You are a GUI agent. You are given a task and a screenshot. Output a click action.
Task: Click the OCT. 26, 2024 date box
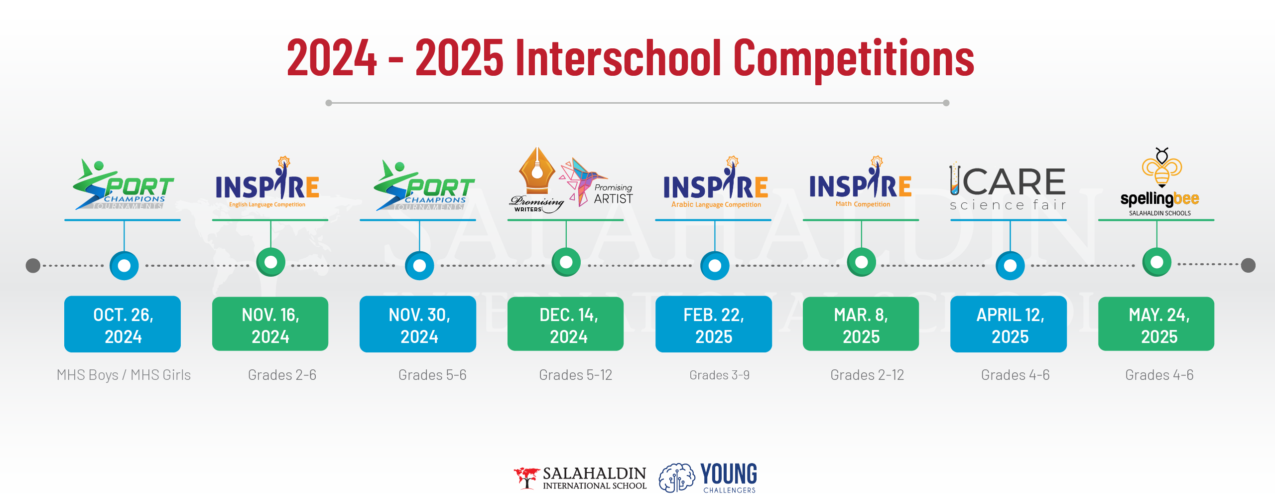coord(123,325)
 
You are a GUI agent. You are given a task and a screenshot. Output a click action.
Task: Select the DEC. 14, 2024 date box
coord(565,324)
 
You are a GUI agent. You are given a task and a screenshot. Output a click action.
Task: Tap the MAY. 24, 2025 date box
coord(1156,324)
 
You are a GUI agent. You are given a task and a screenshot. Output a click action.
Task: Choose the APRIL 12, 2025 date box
coord(1009,325)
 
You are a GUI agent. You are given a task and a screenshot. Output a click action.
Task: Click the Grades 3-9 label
coord(719,375)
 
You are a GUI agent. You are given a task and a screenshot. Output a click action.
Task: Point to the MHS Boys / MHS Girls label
coord(124,375)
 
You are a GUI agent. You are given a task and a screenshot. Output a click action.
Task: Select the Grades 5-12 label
coord(575,375)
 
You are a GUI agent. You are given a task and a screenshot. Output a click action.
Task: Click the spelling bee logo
coord(1160,182)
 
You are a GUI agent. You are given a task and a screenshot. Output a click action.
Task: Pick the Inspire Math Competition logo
coord(861,182)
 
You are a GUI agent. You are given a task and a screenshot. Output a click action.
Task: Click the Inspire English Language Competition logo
coord(267,182)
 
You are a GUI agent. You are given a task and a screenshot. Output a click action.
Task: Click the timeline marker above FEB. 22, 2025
coord(715,265)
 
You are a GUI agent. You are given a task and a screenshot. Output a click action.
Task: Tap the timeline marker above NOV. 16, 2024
coord(271,262)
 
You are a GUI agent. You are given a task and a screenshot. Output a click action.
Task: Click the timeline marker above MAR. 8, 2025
coord(862,262)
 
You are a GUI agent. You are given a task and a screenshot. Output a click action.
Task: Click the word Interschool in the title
coord(619,58)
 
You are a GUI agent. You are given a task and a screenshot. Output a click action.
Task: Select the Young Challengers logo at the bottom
coord(708,478)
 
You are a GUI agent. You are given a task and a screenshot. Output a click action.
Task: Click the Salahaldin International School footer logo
coord(580,478)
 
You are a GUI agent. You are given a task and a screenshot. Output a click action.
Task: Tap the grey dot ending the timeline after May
coord(1248,265)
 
